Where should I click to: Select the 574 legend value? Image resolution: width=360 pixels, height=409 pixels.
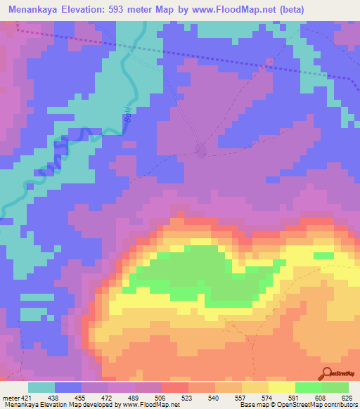click(x=267, y=398)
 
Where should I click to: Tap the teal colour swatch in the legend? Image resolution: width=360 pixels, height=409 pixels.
click(x=41, y=387)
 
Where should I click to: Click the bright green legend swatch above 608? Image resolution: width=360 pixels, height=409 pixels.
click(x=308, y=387)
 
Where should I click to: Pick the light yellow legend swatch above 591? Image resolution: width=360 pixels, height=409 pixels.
click(x=281, y=387)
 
